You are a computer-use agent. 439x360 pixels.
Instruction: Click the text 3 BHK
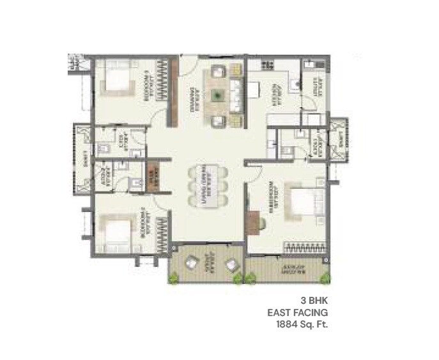314,299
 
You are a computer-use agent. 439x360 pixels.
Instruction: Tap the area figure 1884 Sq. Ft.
299,324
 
